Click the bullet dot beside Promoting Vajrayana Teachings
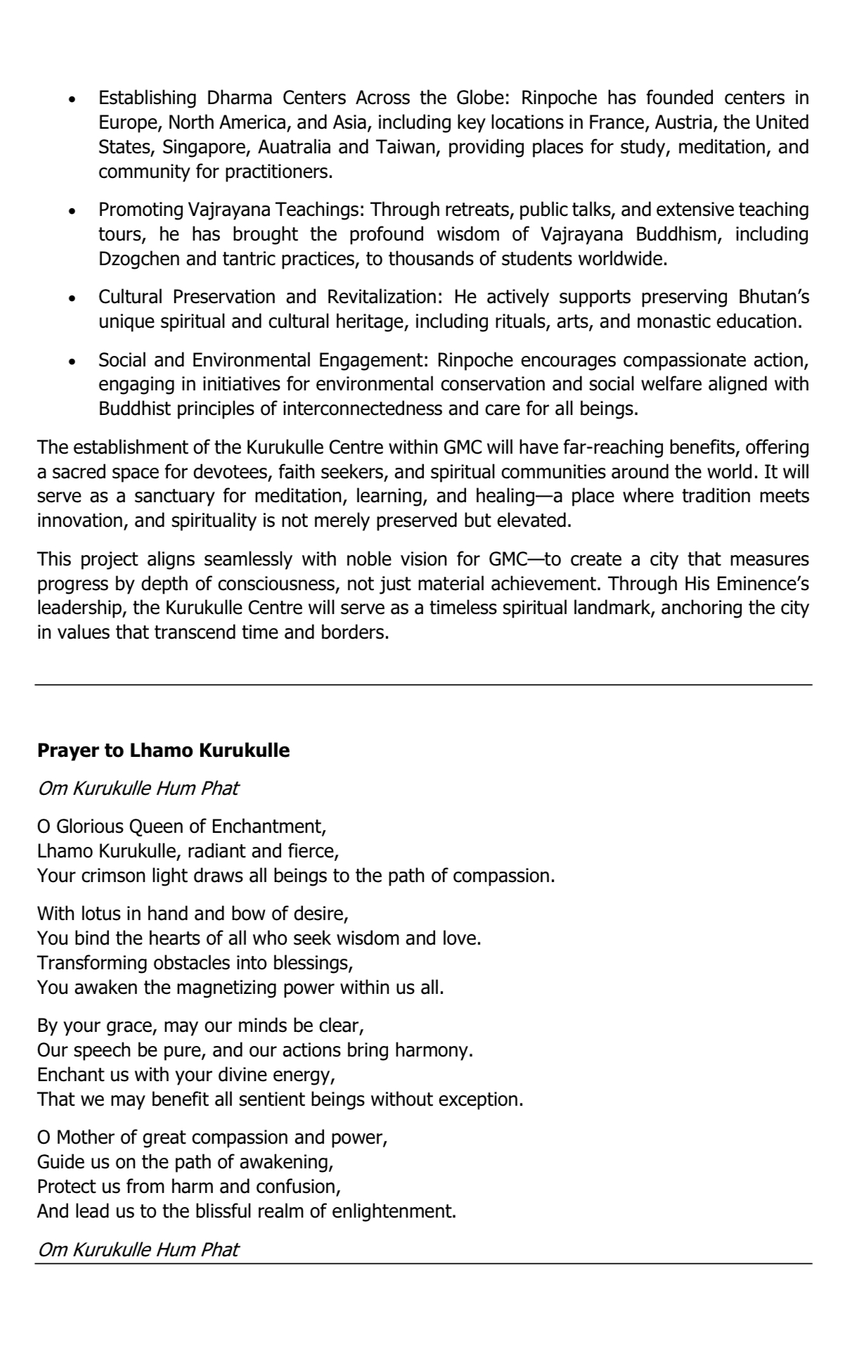click(72, 210)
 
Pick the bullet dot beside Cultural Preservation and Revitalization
click(72, 298)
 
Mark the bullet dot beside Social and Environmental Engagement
click(72, 361)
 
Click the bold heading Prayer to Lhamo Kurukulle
click(163, 751)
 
